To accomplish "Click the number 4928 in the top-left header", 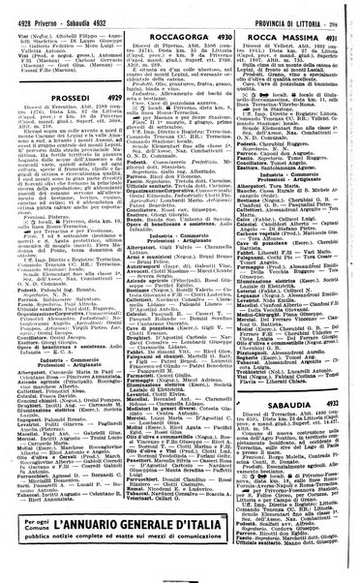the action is coord(20,10).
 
